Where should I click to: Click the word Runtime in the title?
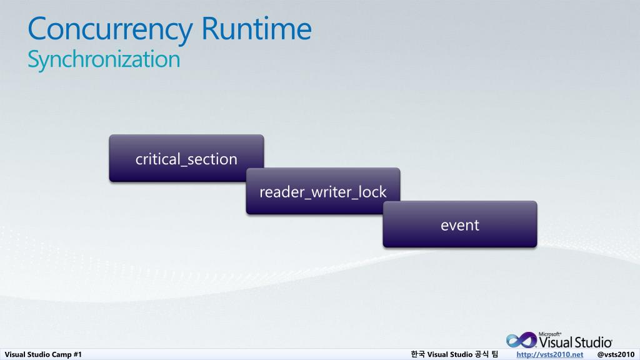point(256,29)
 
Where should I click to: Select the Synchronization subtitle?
point(104,59)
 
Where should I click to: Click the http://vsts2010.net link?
point(550,354)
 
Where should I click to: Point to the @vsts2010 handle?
point(616,354)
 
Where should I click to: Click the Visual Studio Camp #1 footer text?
point(44,354)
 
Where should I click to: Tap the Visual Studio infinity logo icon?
point(521,340)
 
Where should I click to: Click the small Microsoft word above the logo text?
point(551,334)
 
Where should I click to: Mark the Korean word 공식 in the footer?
point(482,354)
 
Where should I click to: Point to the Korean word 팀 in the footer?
point(494,354)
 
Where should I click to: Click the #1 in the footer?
point(77,354)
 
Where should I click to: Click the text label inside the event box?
point(460,225)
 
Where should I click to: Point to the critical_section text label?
point(186,159)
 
